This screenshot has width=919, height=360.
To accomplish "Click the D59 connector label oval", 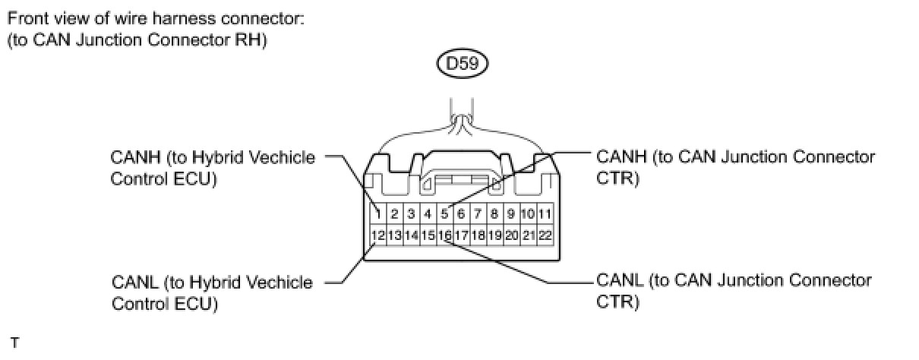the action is click(x=462, y=64).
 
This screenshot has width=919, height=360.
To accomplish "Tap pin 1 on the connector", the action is click(x=378, y=213).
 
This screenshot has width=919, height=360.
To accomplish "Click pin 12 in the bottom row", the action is click(x=378, y=235).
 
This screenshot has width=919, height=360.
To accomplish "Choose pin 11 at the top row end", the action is click(x=545, y=213).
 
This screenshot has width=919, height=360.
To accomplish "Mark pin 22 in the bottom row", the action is click(x=545, y=235).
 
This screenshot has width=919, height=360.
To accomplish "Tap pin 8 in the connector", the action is click(x=494, y=213).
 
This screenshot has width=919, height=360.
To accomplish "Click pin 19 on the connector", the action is click(x=494, y=235).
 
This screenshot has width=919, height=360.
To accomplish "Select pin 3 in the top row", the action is click(x=411, y=213).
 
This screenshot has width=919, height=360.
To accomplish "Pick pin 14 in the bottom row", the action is click(x=411, y=235).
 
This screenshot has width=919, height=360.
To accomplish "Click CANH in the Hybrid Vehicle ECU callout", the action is click(x=135, y=158).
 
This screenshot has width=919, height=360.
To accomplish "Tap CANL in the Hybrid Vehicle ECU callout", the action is click(x=135, y=283).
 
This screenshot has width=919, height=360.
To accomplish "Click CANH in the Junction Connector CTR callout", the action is click(x=621, y=157).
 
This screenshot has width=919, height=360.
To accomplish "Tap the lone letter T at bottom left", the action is click(x=14, y=343).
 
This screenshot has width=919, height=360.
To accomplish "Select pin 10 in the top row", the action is click(x=528, y=213).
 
